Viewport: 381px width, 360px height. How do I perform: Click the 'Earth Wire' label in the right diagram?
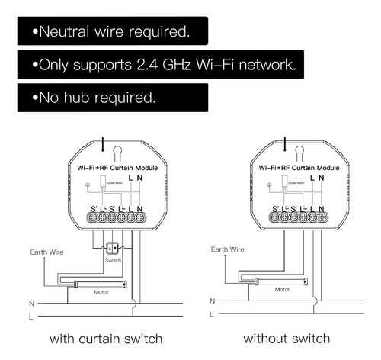pyautogui.click(x=227, y=249)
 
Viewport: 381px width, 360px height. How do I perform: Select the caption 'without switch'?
pyautogui.click(x=287, y=338)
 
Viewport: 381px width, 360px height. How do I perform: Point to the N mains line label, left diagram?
pyautogui.click(x=30, y=302)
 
